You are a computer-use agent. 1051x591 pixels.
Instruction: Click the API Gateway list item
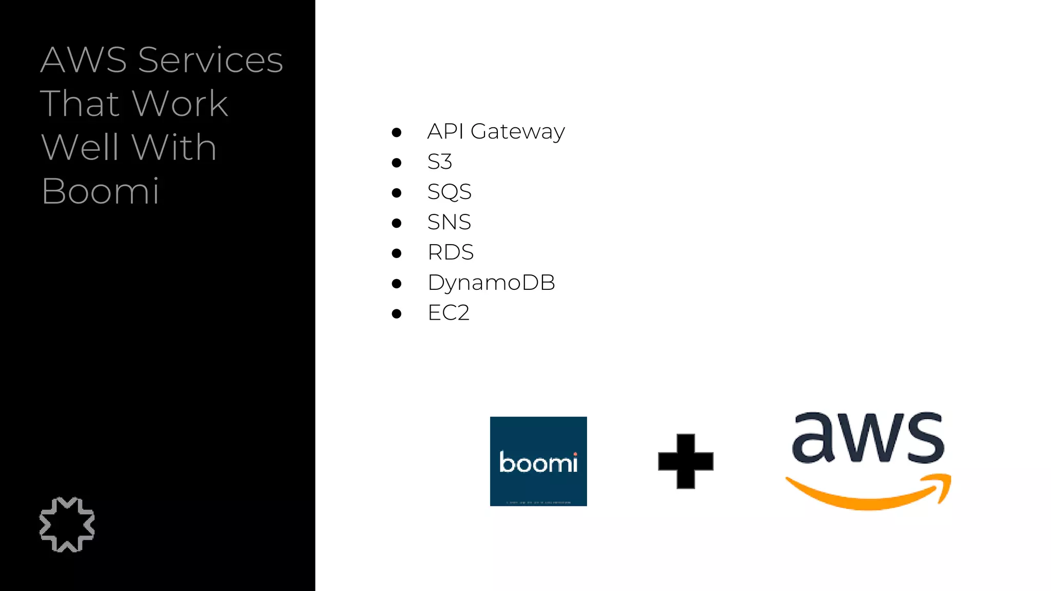pos(496,131)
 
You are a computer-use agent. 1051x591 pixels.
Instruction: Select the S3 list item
pos(440,162)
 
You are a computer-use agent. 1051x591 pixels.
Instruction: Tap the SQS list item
pos(449,192)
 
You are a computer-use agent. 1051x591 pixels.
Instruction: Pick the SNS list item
pos(449,222)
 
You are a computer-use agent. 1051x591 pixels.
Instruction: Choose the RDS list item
pos(451,252)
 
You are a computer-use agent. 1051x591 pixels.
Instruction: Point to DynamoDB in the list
pos(491,283)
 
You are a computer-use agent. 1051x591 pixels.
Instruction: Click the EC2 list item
pos(449,313)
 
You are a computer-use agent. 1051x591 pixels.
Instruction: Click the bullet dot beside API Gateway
pos(396,133)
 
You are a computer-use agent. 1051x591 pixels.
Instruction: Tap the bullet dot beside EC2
pos(396,314)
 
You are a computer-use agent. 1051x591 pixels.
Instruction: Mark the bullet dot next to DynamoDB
pos(396,284)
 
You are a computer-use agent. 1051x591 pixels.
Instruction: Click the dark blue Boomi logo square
pos(538,461)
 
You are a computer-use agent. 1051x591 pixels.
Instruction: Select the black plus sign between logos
pos(686,461)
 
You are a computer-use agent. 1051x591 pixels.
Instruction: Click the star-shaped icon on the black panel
pos(67,524)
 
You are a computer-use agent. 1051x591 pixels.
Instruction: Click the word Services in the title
pos(210,60)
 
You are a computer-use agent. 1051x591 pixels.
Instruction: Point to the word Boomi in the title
pos(101,191)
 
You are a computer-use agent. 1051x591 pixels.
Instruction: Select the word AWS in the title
pos(84,60)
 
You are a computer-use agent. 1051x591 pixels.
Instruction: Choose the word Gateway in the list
pos(517,131)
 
